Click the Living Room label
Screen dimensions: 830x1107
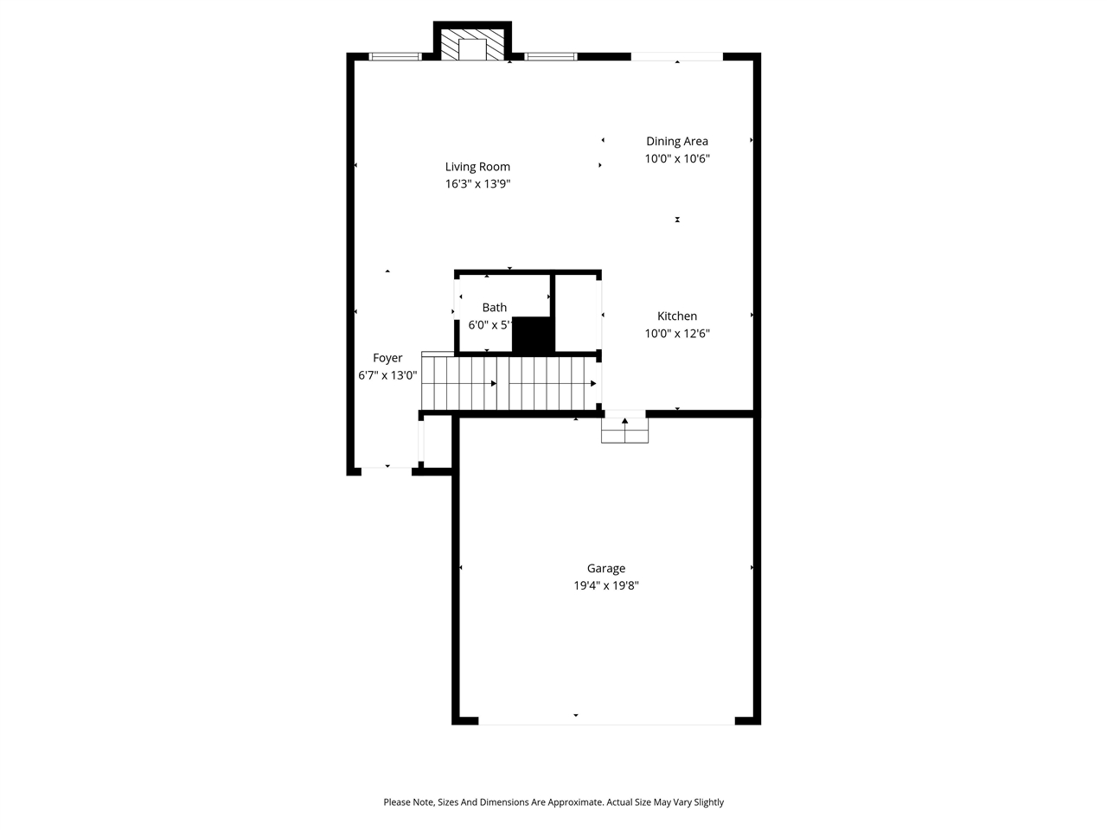pyautogui.click(x=477, y=167)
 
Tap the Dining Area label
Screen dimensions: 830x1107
pyautogui.click(x=677, y=141)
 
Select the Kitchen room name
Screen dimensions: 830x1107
pyautogui.click(x=677, y=316)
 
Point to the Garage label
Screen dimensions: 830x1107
pyautogui.click(x=606, y=568)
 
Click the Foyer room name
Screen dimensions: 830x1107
pyautogui.click(x=387, y=358)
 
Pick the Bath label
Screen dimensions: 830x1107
pyautogui.click(x=495, y=308)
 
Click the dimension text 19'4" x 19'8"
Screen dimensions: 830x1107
pyautogui.click(x=606, y=585)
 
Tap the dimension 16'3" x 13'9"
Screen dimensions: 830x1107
pyautogui.click(x=477, y=183)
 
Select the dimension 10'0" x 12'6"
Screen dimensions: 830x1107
pyautogui.click(x=677, y=334)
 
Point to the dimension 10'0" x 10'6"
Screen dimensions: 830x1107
pyautogui.click(x=677, y=158)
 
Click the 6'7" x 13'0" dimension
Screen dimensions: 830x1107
pyautogui.click(x=387, y=375)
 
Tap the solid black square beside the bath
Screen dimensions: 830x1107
pyautogui.click(x=533, y=335)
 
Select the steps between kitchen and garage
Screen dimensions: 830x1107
pyautogui.click(x=624, y=430)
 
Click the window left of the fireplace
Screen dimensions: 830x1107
pyautogui.click(x=395, y=57)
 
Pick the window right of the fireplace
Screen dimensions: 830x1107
pyautogui.click(x=551, y=57)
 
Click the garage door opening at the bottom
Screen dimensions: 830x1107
pyautogui.click(x=605, y=720)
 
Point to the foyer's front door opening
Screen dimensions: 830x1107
pyautogui.click(x=387, y=469)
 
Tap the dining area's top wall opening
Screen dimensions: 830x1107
pyautogui.click(x=676, y=57)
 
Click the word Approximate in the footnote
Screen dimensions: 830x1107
pyautogui.click(x=573, y=802)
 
